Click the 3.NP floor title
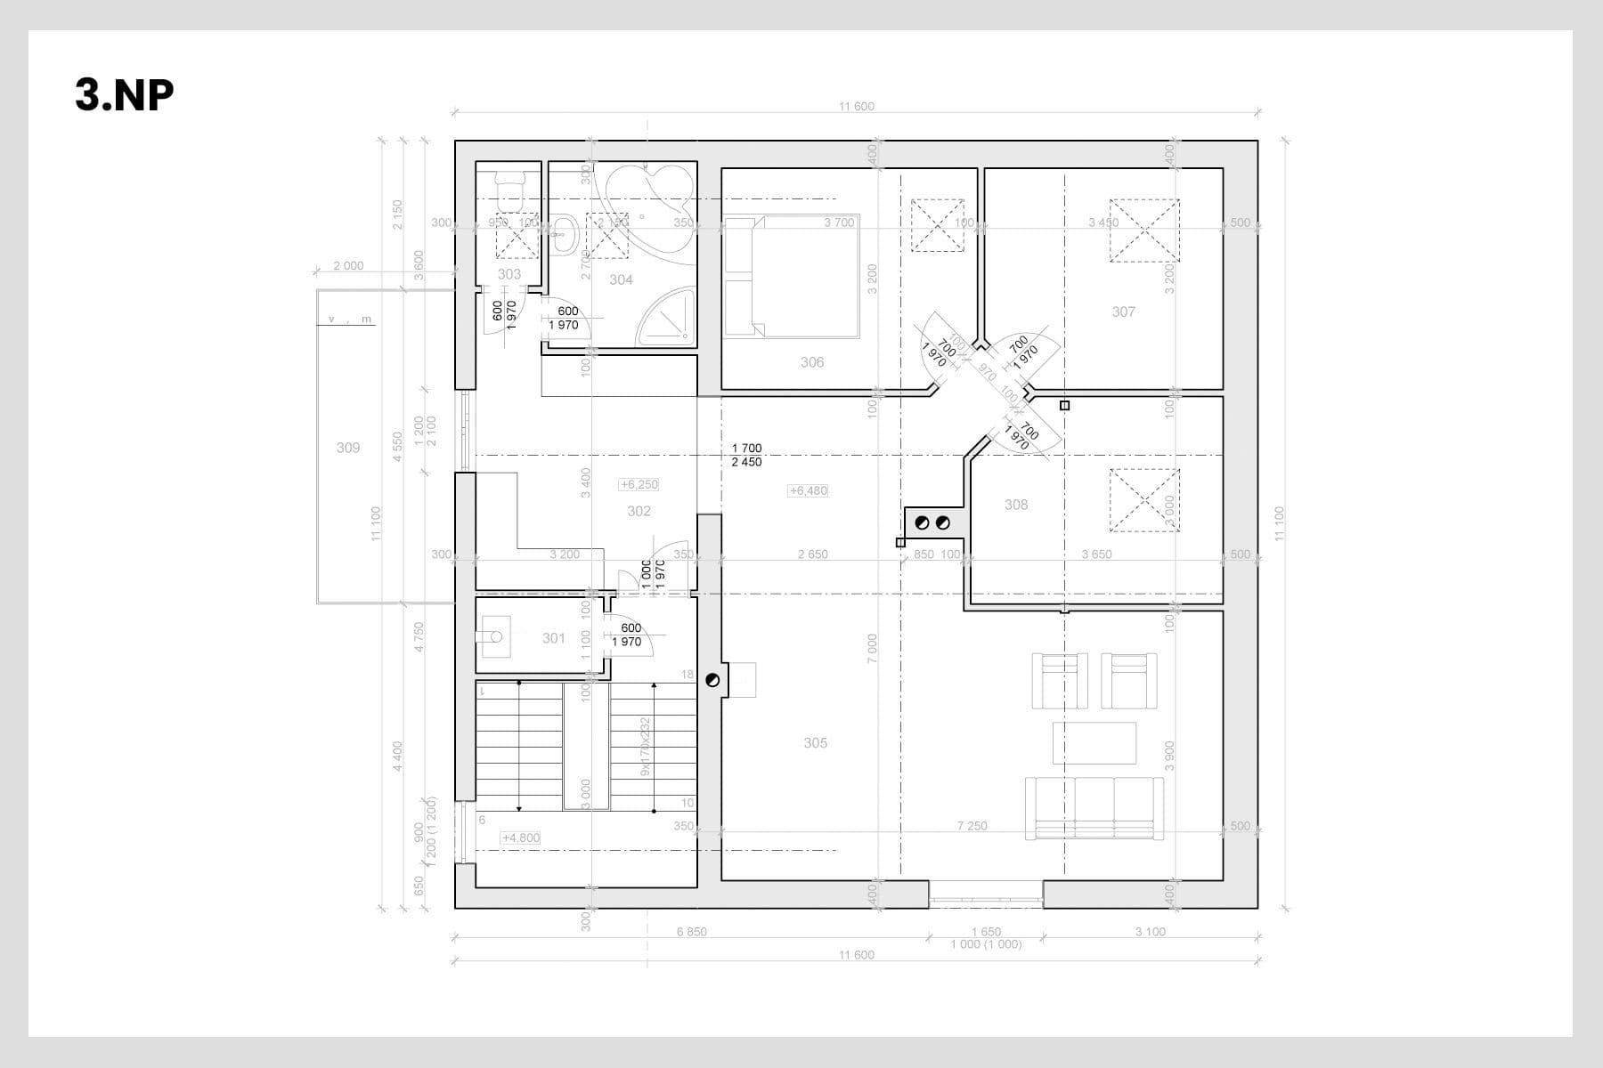124,94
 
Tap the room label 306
812,362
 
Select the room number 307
1124,311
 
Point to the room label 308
1016,505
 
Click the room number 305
815,743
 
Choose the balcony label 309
348,448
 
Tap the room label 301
554,638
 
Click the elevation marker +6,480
809,490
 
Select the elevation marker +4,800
521,837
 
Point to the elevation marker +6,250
639,484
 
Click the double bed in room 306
791,277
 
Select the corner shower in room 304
666,317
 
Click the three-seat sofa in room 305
1094,808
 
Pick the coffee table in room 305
1094,743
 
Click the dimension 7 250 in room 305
972,826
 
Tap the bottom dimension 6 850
691,932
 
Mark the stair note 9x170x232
646,747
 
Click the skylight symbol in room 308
1143,500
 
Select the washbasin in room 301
492,637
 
